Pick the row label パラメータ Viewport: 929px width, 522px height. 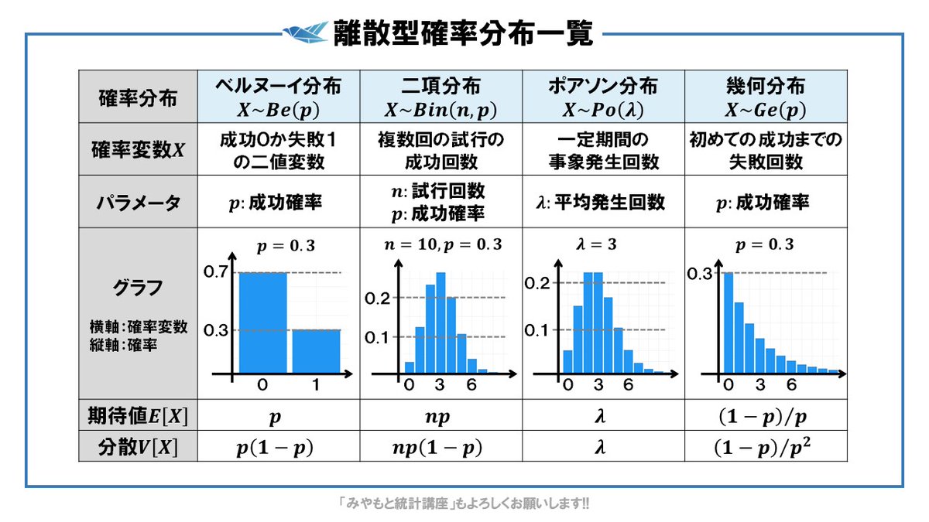(137, 203)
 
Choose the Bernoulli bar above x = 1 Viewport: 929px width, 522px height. (316, 352)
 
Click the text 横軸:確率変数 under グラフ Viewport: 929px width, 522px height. (138, 327)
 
